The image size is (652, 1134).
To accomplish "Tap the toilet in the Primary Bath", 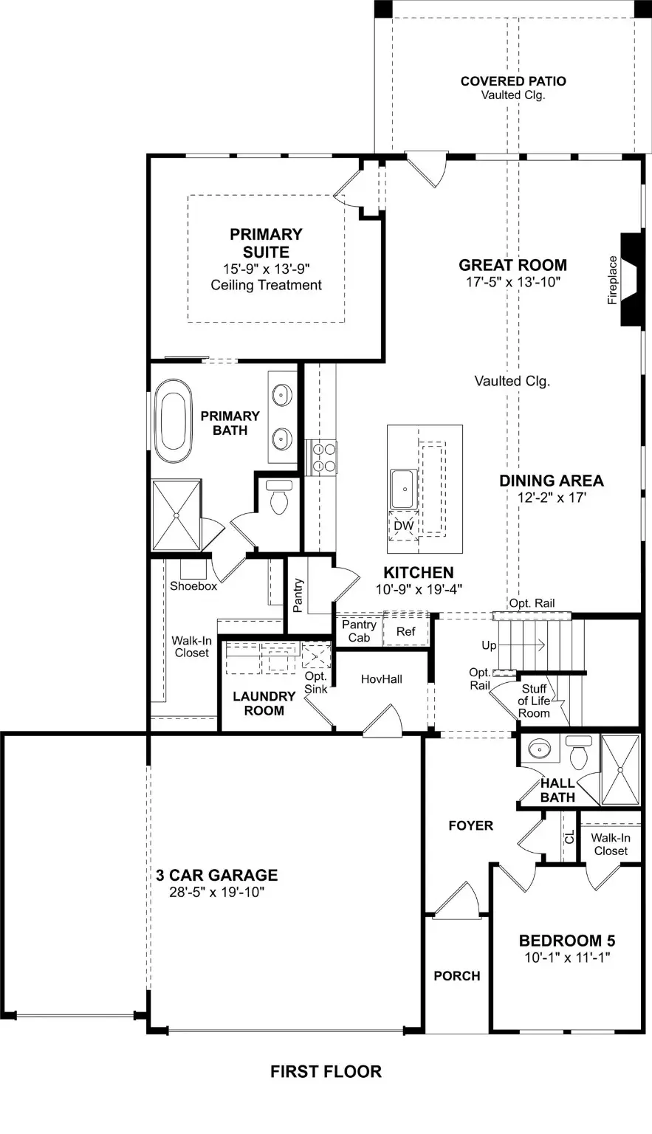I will (278, 498).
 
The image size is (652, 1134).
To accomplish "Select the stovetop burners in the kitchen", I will (322, 458).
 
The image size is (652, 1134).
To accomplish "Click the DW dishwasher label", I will (403, 526).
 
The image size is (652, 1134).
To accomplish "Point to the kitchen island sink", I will (405, 489).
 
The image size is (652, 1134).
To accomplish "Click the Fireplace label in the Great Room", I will (612, 280).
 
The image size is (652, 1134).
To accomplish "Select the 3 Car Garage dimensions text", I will (216, 892).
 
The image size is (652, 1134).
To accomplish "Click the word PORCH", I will (456, 975).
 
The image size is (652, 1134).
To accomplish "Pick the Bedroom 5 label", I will (566, 941).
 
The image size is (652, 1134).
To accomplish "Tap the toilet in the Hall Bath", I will (578, 752).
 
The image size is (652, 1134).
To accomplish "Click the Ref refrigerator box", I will (405, 631).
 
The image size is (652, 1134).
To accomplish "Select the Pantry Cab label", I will (359, 630).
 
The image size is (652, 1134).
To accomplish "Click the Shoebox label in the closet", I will (193, 585).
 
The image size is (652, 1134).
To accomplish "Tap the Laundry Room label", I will (264, 703).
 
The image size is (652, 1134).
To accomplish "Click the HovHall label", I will (381, 678).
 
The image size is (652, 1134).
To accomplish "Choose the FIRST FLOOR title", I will (326, 1071).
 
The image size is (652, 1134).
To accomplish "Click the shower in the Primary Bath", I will (176, 515).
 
